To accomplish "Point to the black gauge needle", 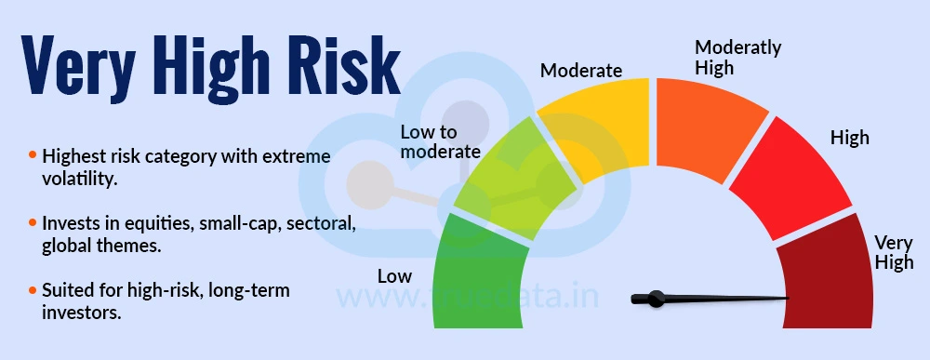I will pos(707,299).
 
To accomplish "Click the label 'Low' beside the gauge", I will pos(394,276).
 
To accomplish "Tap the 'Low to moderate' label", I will pos(440,141).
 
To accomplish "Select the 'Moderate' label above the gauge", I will pos(580,70).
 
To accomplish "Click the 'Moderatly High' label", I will pos(738,57).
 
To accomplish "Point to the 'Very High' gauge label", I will pos(894,252).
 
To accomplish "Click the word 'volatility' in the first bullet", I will pos(79,179).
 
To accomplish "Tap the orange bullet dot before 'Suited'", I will pos(33,291).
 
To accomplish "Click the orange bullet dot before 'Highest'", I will pos(33,155).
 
